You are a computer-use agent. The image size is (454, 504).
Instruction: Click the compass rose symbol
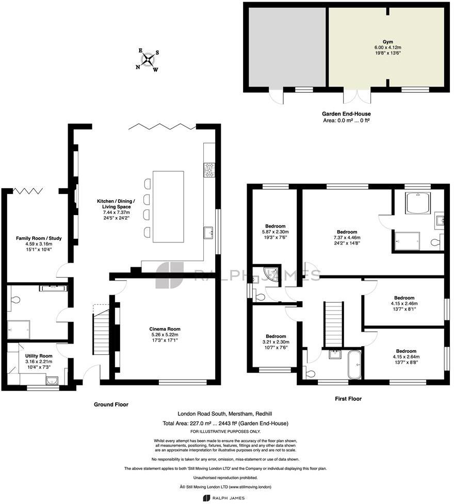[x=148, y=60]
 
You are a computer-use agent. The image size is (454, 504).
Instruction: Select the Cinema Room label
[x=165, y=329]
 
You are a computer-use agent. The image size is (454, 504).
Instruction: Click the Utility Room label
[x=39, y=356]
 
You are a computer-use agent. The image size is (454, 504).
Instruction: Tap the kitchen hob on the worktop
[x=210, y=170]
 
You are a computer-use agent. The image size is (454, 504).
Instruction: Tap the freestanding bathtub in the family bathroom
[x=355, y=365]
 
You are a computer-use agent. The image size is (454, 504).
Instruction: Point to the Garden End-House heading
[x=346, y=114]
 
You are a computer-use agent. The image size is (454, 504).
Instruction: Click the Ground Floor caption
[x=111, y=404]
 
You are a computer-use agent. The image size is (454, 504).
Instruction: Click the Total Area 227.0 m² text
[x=225, y=424]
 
